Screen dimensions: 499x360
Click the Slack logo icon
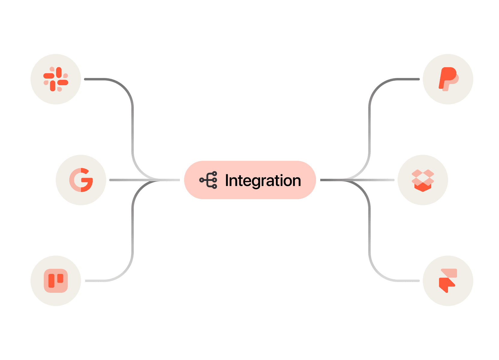tap(56, 79)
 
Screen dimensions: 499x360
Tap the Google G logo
tap(81, 180)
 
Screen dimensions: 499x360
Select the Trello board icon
tap(56, 281)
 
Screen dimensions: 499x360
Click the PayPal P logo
tap(448, 79)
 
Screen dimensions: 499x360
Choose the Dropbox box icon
tap(423, 180)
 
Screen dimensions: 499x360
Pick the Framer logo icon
tap(448, 281)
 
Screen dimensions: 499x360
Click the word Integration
tap(263, 180)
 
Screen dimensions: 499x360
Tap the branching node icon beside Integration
tap(208, 180)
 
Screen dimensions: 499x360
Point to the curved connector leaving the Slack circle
tap(132, 120)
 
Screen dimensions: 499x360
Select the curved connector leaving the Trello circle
tap(132, 240)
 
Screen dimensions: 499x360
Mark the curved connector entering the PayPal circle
tap(369, 120)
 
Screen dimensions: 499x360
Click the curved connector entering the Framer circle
tap(369, 240)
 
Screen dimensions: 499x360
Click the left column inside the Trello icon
tap(51, 280)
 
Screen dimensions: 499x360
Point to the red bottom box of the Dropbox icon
tap(423, 187)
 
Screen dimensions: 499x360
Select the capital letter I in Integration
tap(227, 180)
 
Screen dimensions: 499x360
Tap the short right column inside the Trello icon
tap(60, 278)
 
